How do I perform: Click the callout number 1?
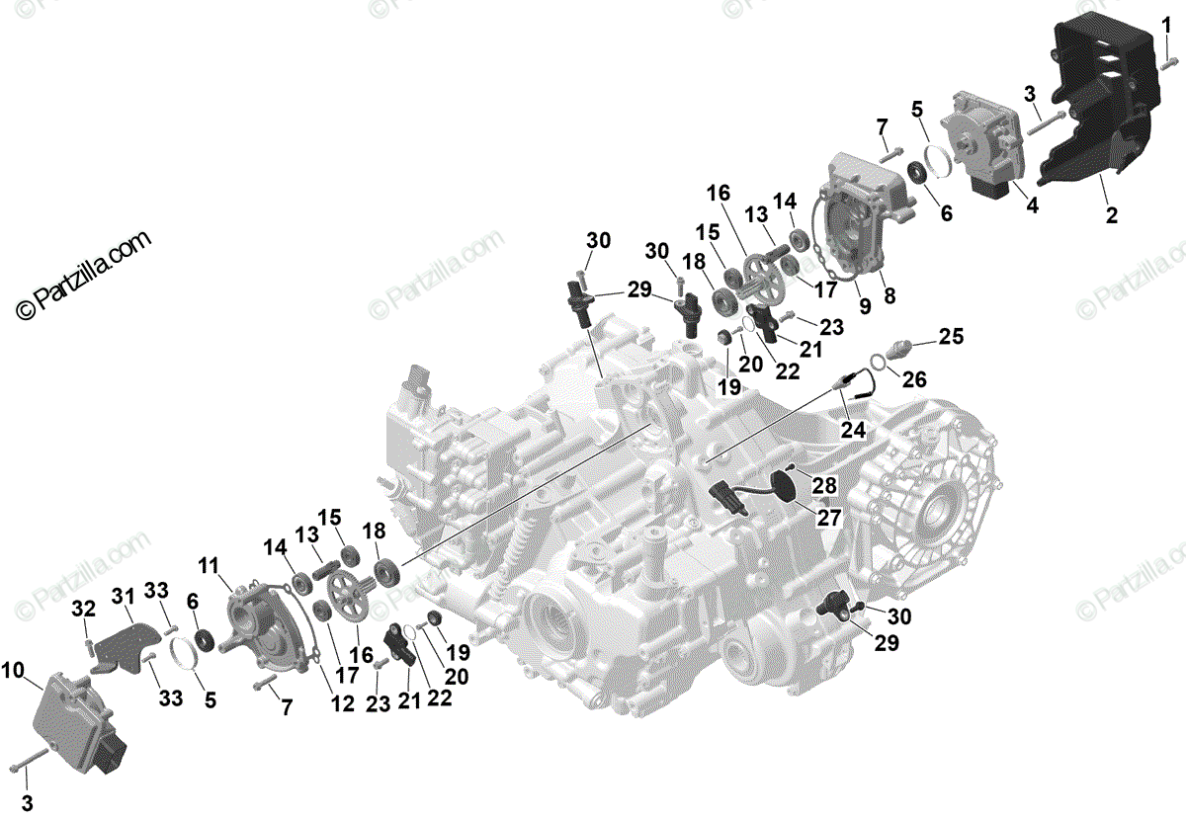pyautogui.click(x=1167, y=22)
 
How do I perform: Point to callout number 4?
pyautogui.click(x=1032, y=205)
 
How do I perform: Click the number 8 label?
pyautogui.click(x=890, y=294)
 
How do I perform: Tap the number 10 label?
pyautogui.click(x=13, y=672)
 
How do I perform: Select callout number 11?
pyautogui.click(x=207, y=565)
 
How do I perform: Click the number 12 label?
pyautogui.click(x=343, y=703)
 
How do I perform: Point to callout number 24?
pyautogui.click(x=851, y=429)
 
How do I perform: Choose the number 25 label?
pyautogui.click(x=950, y=337)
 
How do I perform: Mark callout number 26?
pyautogui.click(x=915, y=378)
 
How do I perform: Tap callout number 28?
pyautogui.click(x=824, y=484)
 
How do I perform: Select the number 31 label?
pyautogui.click(x=122, y=596)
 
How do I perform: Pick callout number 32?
pyautogui.click(x=83, y=607)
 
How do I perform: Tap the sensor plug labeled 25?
pyautogui.click(x=900, y=348)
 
